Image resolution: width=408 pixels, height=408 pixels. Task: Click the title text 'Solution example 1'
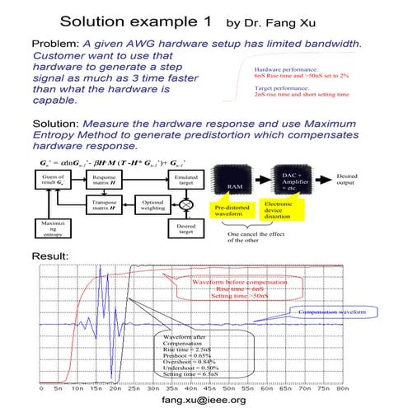click(x=136, y=19)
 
